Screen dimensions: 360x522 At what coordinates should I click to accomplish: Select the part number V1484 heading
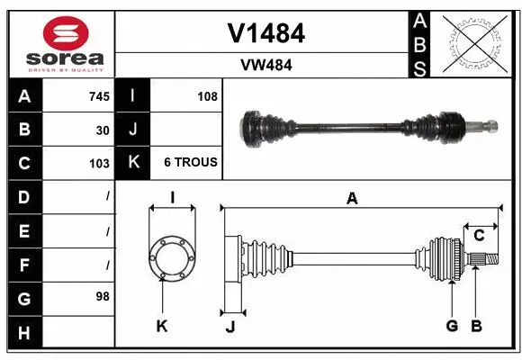266,33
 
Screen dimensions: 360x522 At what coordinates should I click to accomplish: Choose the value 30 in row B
103,130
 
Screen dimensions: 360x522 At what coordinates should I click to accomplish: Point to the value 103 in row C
100,164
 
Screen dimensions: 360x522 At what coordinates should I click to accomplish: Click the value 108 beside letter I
207,96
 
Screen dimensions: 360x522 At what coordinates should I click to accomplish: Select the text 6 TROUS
190,163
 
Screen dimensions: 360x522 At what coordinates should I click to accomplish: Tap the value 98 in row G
103,296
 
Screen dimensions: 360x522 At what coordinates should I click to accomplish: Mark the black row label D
23,196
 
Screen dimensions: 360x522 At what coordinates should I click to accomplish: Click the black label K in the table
133,163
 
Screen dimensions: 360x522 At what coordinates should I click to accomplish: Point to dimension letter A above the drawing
353,199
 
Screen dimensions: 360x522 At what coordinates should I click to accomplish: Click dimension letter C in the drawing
479,236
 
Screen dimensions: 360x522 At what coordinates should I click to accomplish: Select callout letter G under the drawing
452,326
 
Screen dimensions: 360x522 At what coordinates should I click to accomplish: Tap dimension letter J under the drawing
229,327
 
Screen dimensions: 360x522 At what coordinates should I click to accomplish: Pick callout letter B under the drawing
477,326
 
